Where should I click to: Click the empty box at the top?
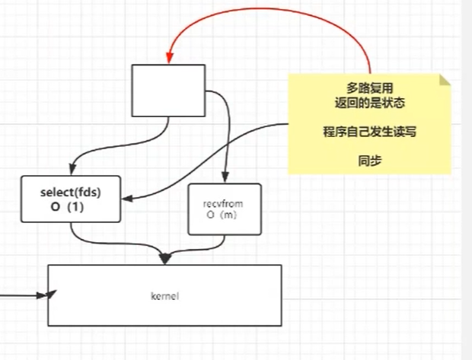coord(168,91)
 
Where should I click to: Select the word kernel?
coord(164,295)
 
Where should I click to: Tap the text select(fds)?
coord(70,193)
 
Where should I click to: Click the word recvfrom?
coord(224,204)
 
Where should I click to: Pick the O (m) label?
coord(224,215)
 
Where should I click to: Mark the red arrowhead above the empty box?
coord(170,56)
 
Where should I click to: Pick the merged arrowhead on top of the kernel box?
coord(164,259)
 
